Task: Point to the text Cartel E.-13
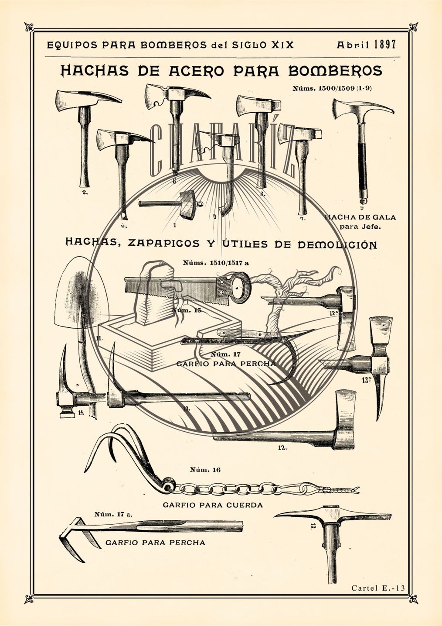click(378, 588)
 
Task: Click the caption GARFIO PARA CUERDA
click(213, 505)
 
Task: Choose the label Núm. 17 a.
click(112, 514)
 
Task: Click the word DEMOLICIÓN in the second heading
click(337, 244)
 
